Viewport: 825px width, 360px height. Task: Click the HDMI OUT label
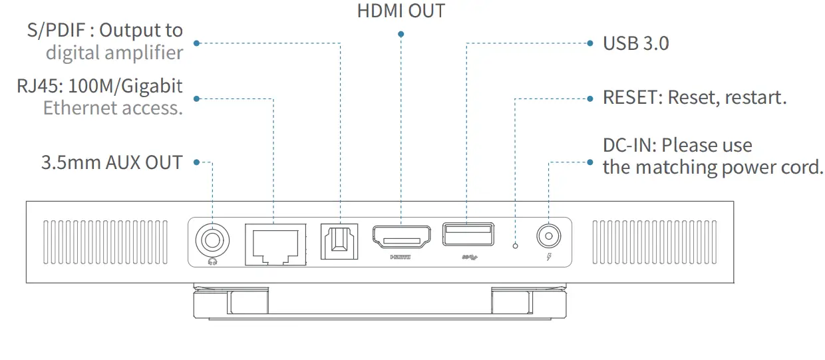click(401, 11)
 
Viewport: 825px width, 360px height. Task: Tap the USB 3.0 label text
click(635, 44)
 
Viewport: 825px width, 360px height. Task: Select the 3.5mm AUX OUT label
click(112, 162)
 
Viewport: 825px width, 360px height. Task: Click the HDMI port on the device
click(401, 236)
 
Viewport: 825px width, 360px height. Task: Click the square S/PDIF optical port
click(339, 239)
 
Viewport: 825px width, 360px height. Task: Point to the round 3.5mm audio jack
click(213, 238)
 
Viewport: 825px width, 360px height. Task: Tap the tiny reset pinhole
click(516, 246)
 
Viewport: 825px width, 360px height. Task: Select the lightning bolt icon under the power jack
click(548, 257)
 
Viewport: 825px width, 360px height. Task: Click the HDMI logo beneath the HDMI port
click(401, 256)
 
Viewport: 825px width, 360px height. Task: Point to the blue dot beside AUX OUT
click(197, 162)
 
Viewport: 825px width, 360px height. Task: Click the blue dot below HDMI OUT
click(401, 33)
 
